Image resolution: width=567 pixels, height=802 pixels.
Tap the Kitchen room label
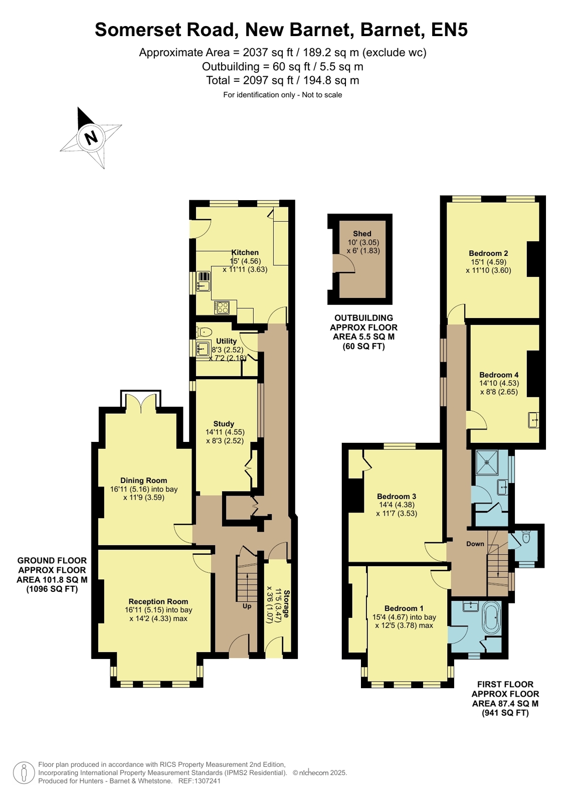(245, 252)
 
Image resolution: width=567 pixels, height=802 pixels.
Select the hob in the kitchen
(222, 307)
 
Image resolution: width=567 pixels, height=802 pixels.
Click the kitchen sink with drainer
(204, 281)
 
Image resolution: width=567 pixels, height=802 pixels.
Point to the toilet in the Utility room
(204, 332)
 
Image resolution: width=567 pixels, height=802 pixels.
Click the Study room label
(224, 424)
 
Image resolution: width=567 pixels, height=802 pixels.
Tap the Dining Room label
(143, 480)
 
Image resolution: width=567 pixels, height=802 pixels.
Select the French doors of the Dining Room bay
(141, 401)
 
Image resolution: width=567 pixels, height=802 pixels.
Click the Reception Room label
(158, 601)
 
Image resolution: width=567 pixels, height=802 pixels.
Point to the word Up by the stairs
(247, 606)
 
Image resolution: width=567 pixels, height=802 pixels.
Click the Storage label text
(286, 604)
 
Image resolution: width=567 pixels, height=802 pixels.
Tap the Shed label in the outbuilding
(362, 233)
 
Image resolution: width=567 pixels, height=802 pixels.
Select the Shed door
(343, 263)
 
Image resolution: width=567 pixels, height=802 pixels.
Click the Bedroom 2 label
(488, 253)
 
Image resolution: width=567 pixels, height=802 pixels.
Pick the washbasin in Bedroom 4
(533, 420)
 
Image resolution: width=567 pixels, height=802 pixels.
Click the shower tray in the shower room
(487, 462)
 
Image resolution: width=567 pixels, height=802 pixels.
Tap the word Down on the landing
(475, 544)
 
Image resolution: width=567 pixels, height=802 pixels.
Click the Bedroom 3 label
(397, 496)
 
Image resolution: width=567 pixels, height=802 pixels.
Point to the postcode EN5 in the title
(449, 30)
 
